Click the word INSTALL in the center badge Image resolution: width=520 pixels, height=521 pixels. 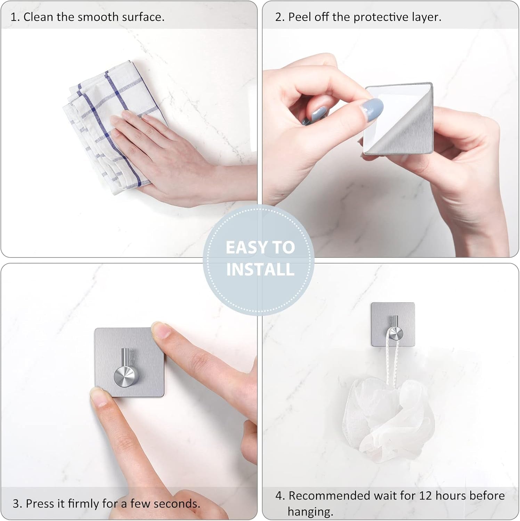[x=260, y=270]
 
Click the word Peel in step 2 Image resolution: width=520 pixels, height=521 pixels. [x=300, y=17]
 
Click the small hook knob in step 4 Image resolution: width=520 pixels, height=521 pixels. [x=396, y=334]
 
